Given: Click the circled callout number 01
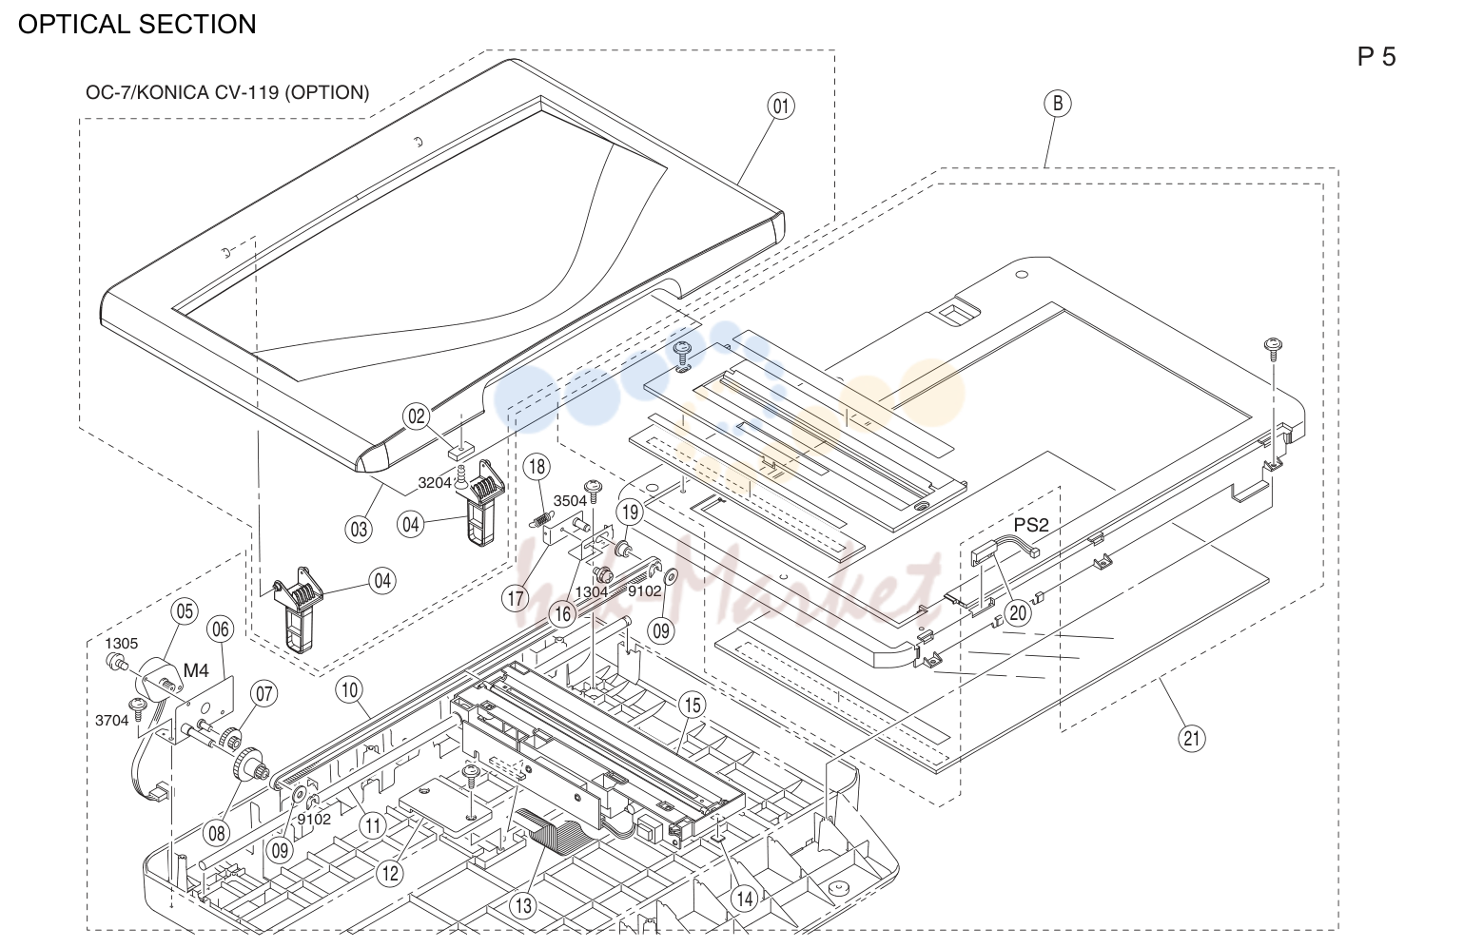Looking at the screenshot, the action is click(781, 106).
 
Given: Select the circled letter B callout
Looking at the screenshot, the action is click(1058, 104).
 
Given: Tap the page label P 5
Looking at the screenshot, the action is click(1376, 57).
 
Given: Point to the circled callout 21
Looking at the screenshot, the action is click(1191, 738).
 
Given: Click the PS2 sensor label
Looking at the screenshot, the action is click(1030, 525).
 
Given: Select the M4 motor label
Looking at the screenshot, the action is click(196, 670).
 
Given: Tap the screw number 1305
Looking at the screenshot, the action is click(122, 644).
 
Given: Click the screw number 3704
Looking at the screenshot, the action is click(111, 721).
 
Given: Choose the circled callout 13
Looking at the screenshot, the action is click(523, 905).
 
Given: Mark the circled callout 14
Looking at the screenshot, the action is click(745, 899).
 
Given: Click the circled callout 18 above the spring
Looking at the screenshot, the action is click(537, 467).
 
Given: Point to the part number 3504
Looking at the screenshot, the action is click(571, 501).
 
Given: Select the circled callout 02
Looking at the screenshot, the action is click(417, 416).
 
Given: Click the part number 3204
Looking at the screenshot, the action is click(435, 483).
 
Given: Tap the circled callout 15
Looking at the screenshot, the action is click(693, 705).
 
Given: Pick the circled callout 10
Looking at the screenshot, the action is click(350, 690).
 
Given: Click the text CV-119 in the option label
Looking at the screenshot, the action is click(245, 93).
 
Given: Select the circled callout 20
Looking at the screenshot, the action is click(1018, 613).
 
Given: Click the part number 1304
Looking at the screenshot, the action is click(592, 592).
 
